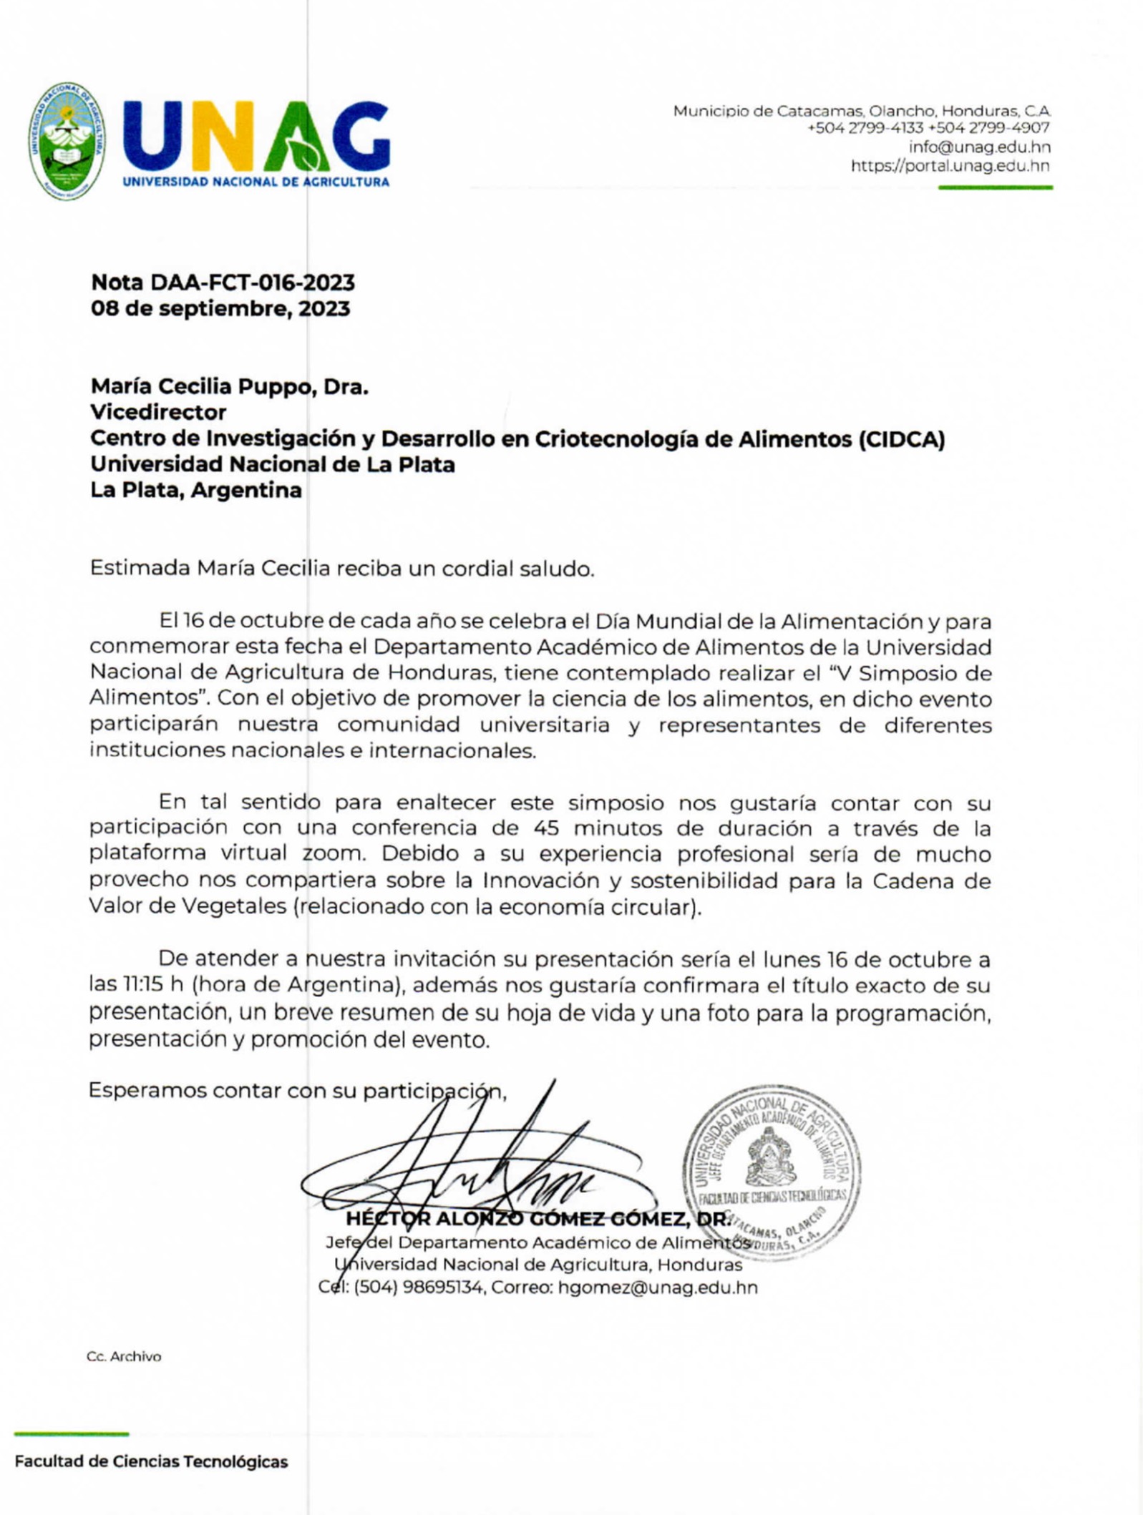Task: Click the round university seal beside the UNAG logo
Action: [68, 141]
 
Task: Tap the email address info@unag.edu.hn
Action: [979, 147]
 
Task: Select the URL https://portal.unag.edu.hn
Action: [950, 166]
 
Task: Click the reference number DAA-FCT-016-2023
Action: [252, 283]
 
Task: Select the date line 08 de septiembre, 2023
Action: [220, 309]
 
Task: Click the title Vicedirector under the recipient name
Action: [158, 413]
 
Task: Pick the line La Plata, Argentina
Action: [195, 491]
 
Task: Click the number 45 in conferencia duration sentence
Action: [548, 828]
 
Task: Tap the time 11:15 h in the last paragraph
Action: [147, 986]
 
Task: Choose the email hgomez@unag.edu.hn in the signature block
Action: [657, 1288]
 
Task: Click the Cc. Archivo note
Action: [124, 1356]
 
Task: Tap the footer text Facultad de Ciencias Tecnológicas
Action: [151, 1461]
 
